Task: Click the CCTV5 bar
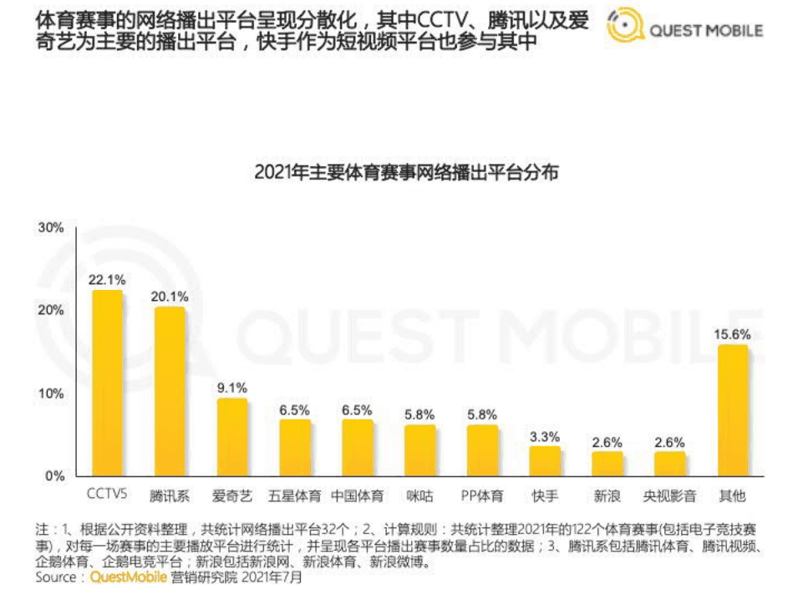pyautogui.click(x=107, y=383)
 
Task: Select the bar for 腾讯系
pyautogui.click(x=170, y=391)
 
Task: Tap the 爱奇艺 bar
pyautogui.click(x=232, y=436)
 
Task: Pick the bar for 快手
pyautogui.click(x=545, y=460)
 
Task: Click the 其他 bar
pyautogui.click(x=733, y=410)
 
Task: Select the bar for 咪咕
pyautogui.click(x=419, y=450)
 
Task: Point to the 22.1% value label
pyautogui.click(x=107, y=279)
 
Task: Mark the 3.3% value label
pyautogui.click(x=545, y=436)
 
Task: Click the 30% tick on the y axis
pyautogui.click(x=51, y=227)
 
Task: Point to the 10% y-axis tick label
pyautogui.click(x=51, y=393)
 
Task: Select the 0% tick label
pyautogui.click(x=54, y=475)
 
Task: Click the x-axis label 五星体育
pyautogui.click(x=294, y=496)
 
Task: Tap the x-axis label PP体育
pyautogui.click(x=482, y=496)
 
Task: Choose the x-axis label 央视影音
pyautogui.click(x=669, y=496)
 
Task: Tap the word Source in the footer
pyautogui.click(x=56, y=577)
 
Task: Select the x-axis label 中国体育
pyautogui.click(x=357, y=496)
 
